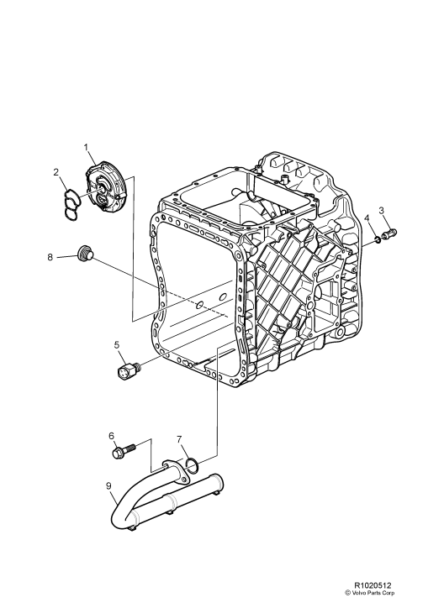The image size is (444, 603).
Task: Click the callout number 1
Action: click(87, 149)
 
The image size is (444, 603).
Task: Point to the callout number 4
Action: click(367, 220)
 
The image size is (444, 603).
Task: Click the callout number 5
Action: click(117, 343)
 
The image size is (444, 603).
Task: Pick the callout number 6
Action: click(111, 435)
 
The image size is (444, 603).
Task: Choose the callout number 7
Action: click(179, 438)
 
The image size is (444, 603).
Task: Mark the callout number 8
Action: click(52, 258)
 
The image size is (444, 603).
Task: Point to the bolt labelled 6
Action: click(120, 453)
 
